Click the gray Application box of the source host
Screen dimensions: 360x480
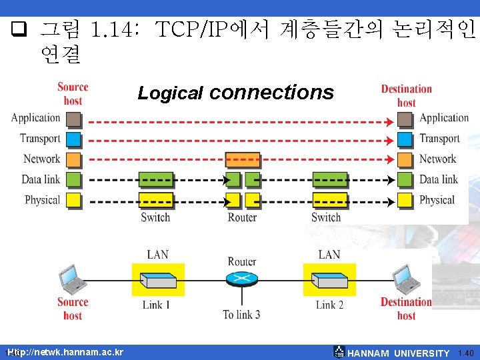coord(73,119)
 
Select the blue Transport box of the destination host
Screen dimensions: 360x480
coord(404,139)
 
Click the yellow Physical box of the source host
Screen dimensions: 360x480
coord(73,200)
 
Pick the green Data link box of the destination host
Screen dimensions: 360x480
coord(404,180)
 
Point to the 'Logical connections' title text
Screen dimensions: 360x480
coord(235,93)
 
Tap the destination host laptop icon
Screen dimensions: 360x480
coord(405,279)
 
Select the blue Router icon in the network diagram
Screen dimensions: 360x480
coord(241,279)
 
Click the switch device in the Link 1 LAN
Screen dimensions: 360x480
coord(158,281)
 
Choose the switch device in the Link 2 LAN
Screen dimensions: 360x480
coord(329,281)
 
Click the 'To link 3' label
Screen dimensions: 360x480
coord(241,315)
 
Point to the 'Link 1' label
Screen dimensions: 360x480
coord(157,305)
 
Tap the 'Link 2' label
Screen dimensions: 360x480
coord(329,305)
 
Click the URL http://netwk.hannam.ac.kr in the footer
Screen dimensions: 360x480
coord(67,352)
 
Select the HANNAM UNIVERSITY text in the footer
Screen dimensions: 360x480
coord(399,353)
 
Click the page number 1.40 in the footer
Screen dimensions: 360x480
coord(466,353)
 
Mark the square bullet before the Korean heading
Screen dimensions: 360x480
coord(19,29)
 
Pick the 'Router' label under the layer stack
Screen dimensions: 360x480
coord(242,217)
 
